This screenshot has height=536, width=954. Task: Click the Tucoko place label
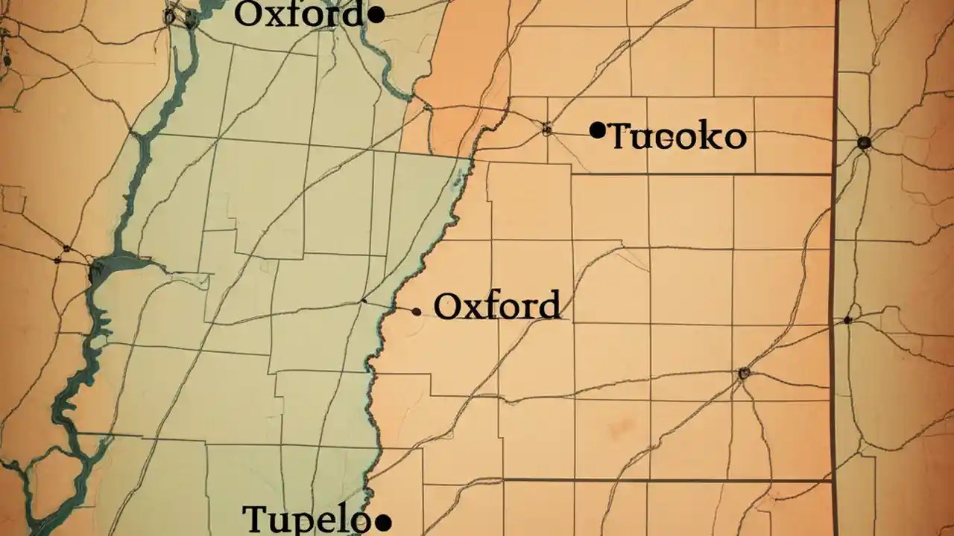tap(677, 137)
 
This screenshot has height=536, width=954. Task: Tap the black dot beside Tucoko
tap(597, 131)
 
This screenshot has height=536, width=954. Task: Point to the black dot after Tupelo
tap(382, 523)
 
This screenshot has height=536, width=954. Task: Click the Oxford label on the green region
tap(298, 15)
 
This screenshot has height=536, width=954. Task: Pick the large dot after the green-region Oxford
tap(377, 14)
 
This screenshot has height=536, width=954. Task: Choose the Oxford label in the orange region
tap(497, 306)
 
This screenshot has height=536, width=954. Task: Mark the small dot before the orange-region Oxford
tap(416, 312)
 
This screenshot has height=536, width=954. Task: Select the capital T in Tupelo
tap(256, 518)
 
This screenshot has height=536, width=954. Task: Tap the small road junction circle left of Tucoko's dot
tap(547, 130)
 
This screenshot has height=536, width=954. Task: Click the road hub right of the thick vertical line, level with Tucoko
tap(864, 142)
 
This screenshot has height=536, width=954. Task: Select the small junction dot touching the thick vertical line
tap(847, 320)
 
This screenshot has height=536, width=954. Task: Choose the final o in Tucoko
tap(734, 138)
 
